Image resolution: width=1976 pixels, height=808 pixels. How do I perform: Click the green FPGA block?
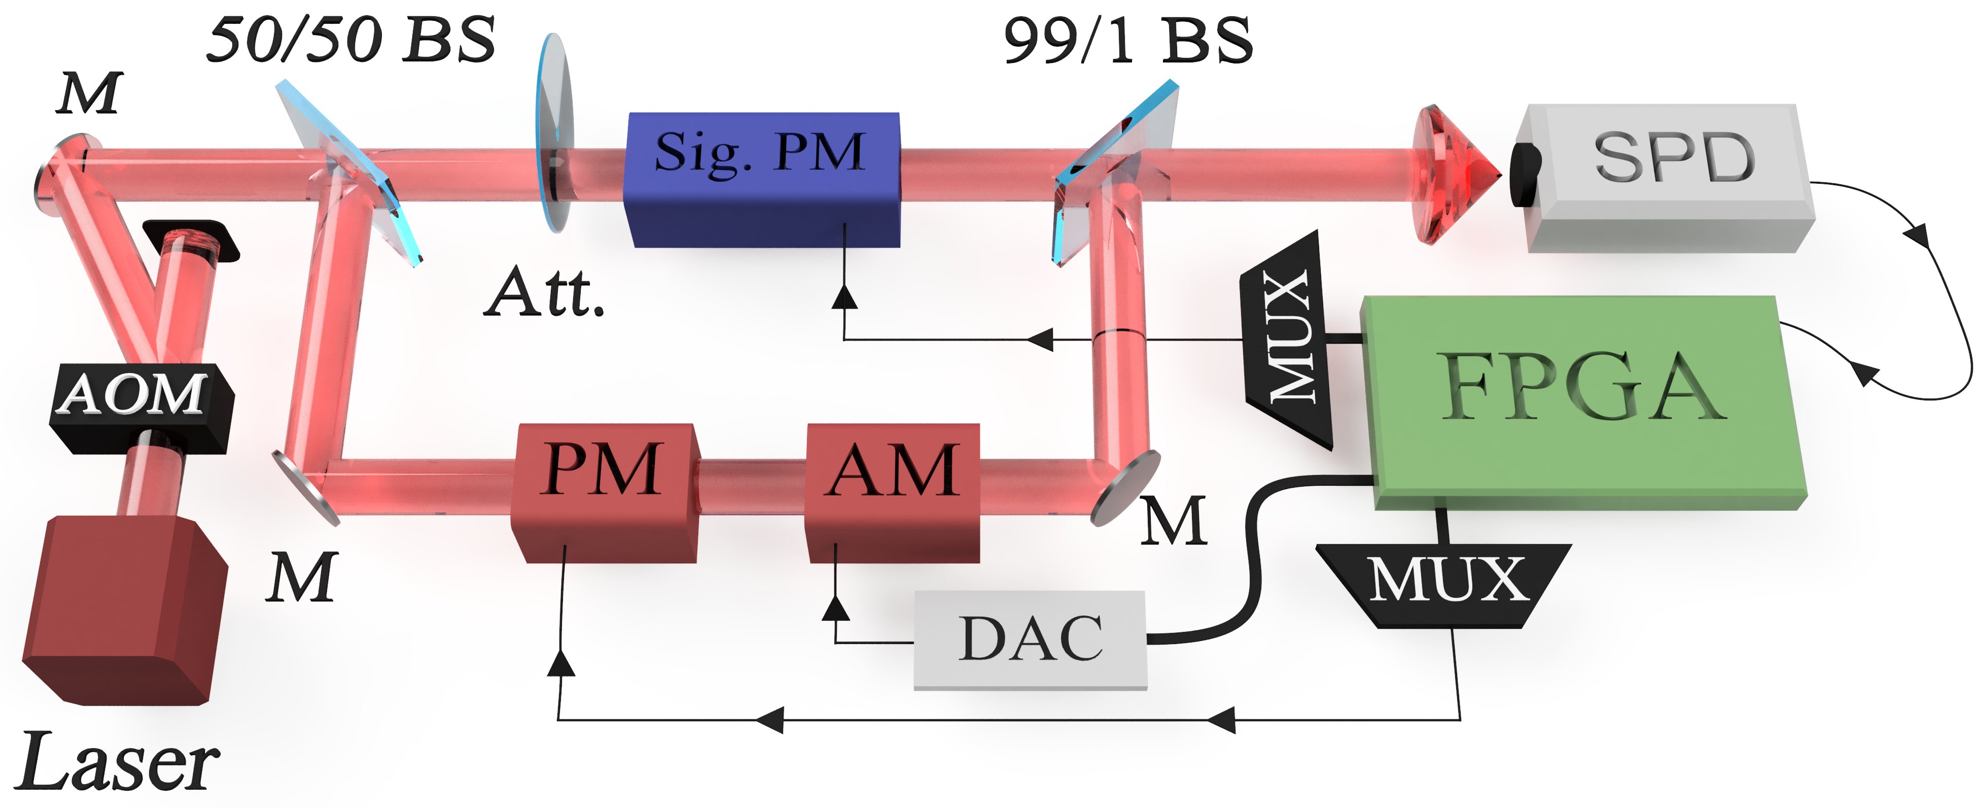point(1580,399)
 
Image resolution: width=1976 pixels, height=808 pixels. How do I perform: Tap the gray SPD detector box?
point(1672,177)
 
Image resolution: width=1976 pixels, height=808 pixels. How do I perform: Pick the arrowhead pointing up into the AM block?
point(835,609)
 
